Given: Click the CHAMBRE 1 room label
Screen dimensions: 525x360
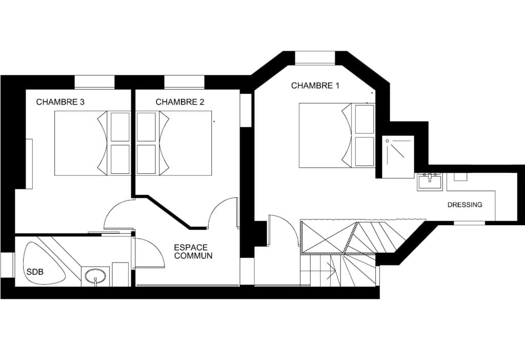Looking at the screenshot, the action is tap(315, 86).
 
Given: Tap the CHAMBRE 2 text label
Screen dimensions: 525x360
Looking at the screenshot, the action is tap(180, 102).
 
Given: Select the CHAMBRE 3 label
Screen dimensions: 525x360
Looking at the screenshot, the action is tap(60, 102).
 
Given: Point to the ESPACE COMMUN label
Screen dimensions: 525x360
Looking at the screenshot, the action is tap(193, 252).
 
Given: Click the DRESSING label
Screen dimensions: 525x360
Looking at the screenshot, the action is tap(465, 205).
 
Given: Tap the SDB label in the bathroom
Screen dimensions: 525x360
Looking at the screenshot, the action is tap(35, 272).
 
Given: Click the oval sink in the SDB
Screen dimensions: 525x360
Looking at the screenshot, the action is tap(95, 276).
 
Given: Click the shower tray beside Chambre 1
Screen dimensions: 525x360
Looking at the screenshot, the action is tap(398, 157).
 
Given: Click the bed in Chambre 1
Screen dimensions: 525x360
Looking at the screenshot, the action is tap(336, 135).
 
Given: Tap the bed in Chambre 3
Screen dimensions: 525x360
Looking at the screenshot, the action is tap(92, 143).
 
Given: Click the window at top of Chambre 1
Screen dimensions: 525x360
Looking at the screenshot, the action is tap(315, 57).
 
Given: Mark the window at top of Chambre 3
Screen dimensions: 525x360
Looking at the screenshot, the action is tap(94, 83).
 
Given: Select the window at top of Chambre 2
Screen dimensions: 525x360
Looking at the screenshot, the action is tap(185, 83).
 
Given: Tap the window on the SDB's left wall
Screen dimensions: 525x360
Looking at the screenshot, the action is tap(7, 265).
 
